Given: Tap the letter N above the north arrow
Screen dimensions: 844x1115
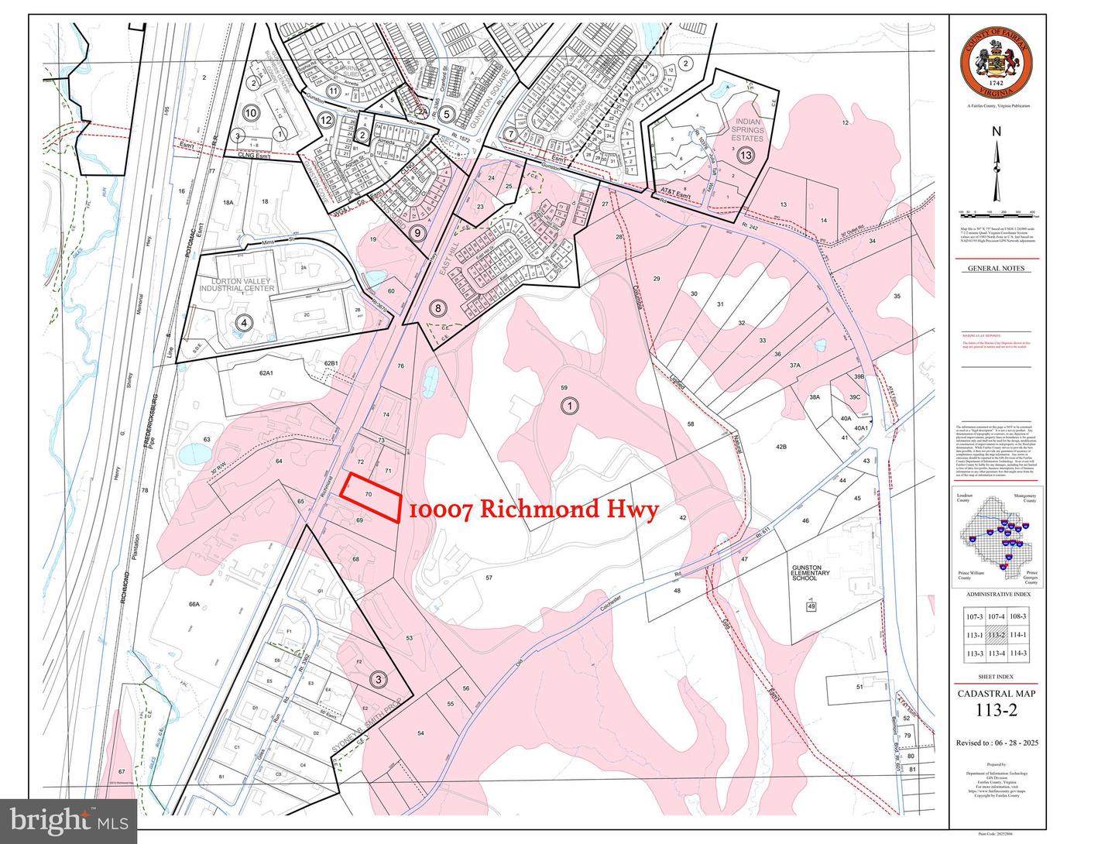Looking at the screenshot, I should tap(997, 131).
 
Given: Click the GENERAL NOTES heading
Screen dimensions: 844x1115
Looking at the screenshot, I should tap(996, 269).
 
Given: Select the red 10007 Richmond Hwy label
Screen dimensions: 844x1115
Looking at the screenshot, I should tap(533, 509).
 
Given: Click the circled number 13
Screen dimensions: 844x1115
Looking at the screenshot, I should tap(746, 156).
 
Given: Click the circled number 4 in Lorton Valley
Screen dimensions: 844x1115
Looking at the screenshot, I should tap(245, 324).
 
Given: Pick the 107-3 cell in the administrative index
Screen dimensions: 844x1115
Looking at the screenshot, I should tap(974, 617).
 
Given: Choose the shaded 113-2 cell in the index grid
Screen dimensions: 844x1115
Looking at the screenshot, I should tap(997, 635).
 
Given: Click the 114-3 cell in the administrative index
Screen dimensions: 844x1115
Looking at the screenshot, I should tap(1018, 654).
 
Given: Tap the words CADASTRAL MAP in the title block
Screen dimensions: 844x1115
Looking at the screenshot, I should tap(996, 694).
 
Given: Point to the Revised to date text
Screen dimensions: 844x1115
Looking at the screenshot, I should tap(997, 743).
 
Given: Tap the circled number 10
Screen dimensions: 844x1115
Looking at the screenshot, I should tap(250, 113).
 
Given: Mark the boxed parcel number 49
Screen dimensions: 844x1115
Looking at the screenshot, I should tap(811, 606).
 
